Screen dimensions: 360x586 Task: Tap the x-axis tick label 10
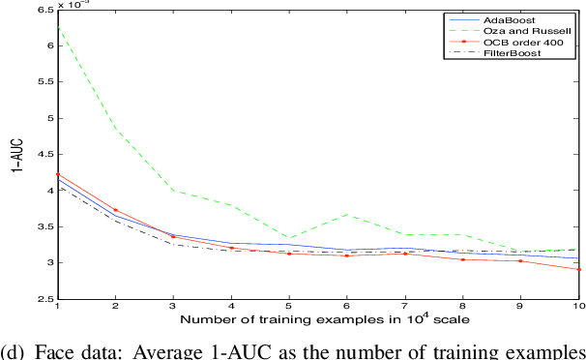click(x=578, y=308)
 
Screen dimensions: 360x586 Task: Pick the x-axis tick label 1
click(x=58, y=308)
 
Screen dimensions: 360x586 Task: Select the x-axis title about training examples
click(x=319, y=320)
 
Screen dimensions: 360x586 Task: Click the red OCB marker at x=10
click(x=578, y=269)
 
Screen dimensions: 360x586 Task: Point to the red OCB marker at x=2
click(x=116, y=210)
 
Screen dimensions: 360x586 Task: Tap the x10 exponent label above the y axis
click(x=71, y=5)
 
